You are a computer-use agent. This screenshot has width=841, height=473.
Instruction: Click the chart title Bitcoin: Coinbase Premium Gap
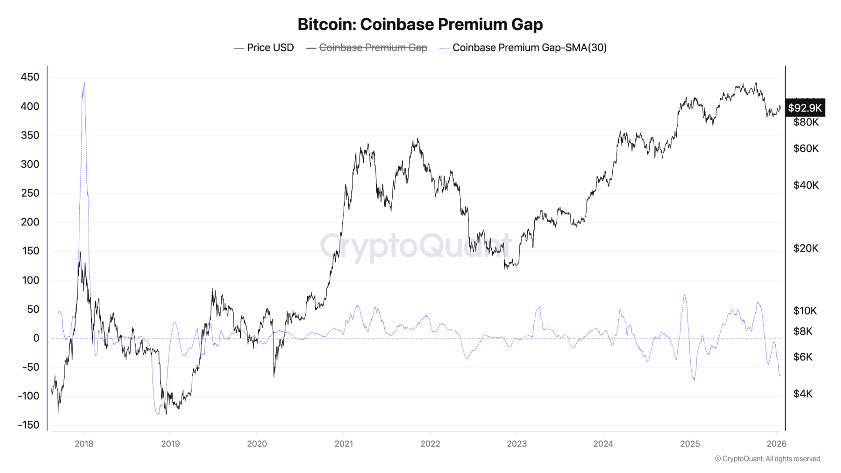[420, 24]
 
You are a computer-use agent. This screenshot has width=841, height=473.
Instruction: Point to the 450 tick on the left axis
[30, 77]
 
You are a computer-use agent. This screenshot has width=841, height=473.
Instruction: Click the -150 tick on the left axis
[29, 425]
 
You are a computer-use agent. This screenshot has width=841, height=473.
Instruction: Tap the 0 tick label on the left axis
[36, 338]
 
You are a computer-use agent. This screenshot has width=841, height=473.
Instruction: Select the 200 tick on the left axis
[30, 222]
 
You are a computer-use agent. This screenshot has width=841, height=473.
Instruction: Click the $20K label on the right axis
[805, 248]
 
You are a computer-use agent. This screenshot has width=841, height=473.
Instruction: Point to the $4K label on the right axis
[803, 394]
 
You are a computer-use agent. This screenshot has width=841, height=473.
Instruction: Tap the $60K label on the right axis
[806, 149]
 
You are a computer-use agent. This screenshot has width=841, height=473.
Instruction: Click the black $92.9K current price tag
[804, 108]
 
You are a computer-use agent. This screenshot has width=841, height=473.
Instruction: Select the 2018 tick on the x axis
[84, 444]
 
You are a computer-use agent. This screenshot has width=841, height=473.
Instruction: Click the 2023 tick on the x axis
[516, 444]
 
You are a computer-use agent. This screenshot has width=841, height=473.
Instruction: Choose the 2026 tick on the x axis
[776, 444]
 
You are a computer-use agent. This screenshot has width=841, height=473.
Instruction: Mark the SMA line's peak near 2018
[84, 82]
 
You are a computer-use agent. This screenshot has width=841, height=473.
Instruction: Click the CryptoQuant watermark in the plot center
[416, 245]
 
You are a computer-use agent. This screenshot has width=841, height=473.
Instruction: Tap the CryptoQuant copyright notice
[767, 459]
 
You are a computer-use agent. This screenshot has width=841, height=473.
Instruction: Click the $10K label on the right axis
[805, 311]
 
